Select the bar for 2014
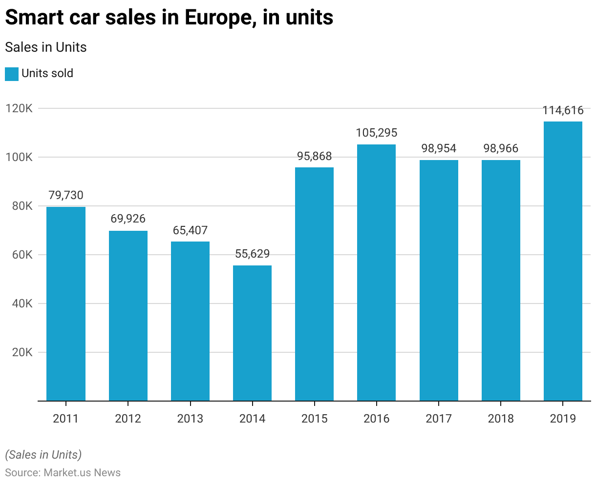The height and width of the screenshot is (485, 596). point(252,333)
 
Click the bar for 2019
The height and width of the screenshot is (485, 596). point(563,261)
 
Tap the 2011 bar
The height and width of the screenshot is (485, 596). point(66,303)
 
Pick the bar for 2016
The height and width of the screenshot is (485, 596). point(376,272)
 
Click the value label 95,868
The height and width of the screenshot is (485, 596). point(314,157)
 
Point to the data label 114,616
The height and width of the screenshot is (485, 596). point(563,111)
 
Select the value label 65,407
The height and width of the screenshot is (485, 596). point(190,230)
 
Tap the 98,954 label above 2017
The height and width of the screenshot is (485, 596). point(439,148)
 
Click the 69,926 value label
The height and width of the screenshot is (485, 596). point(128,219)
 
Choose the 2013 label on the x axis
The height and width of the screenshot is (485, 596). point(190,419)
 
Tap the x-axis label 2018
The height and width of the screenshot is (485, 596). point(501,419)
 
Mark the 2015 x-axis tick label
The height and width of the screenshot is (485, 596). point(314,419)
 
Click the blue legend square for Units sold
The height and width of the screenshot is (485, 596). point(12,74)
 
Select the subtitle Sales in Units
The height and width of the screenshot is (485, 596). point(45,47)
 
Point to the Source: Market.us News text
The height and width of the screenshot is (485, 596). point(63,472)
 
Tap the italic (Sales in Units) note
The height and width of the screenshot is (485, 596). point(43,455)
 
